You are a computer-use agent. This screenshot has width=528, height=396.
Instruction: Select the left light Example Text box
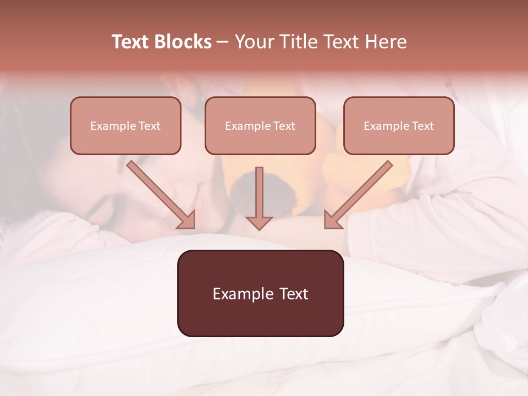125,125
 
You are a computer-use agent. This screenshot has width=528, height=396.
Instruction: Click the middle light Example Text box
260,125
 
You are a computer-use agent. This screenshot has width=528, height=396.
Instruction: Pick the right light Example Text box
399,125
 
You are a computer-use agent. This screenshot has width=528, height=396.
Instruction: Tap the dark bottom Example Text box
260,293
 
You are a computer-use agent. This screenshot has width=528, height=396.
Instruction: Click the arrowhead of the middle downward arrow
259,222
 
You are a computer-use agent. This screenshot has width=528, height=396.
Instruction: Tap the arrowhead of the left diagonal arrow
188,220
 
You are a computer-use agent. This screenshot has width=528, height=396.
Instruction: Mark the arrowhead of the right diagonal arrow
332,220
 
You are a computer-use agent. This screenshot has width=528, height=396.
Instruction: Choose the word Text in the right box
422,126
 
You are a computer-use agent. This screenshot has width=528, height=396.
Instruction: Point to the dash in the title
223,42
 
